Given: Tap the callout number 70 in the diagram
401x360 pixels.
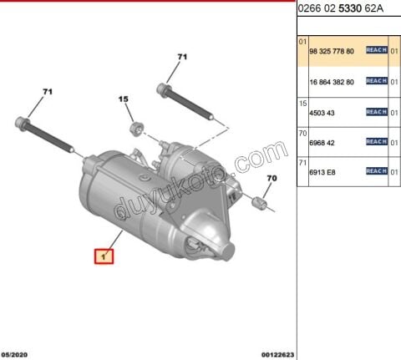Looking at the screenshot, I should (271, 179).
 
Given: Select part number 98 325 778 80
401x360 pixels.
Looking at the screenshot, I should (331, 51).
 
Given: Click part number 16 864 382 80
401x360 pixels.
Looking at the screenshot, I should (331, 81).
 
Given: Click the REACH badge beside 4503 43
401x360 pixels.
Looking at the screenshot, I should (376, 111).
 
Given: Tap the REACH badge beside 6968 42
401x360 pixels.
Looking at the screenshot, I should (376, 141).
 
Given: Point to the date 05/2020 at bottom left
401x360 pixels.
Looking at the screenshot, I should (17, 353).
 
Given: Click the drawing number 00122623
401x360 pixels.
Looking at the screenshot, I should (277, 353).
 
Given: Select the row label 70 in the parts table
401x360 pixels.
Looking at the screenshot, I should (302, 132).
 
